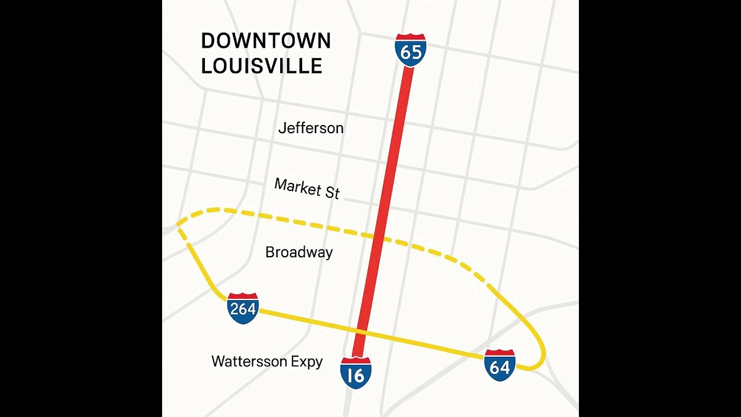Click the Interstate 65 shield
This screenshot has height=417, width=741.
410,50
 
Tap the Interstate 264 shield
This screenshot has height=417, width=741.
243,308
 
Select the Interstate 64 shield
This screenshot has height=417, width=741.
500,365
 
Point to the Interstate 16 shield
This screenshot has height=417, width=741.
356,373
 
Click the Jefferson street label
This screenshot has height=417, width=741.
311,128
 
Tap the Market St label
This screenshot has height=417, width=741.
307,188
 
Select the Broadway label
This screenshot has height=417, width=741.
299,253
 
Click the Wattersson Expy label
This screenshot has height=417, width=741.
267,362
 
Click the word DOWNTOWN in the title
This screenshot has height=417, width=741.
266,41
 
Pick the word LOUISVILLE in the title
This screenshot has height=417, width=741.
261,65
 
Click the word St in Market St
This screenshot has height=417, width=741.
332,192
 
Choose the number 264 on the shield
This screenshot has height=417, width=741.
243,309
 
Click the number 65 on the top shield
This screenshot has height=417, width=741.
410,53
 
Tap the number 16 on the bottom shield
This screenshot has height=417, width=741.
356,376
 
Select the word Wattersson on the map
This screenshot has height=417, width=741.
250,362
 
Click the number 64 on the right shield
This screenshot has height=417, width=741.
500,367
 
